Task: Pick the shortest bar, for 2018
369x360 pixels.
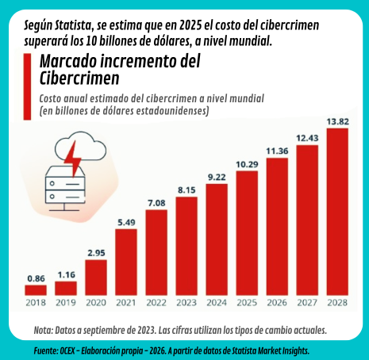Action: point(36,289)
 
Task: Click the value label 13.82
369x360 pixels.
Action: point(337,121)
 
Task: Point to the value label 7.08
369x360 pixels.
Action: point(156,203)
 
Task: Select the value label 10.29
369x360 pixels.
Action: point(247,164)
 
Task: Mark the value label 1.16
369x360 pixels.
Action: point(66,274)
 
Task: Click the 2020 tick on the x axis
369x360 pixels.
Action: point(96,302)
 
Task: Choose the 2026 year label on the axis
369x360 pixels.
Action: point(277,302)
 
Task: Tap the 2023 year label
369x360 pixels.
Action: point(186,302)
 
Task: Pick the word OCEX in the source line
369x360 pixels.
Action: point(71,350)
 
